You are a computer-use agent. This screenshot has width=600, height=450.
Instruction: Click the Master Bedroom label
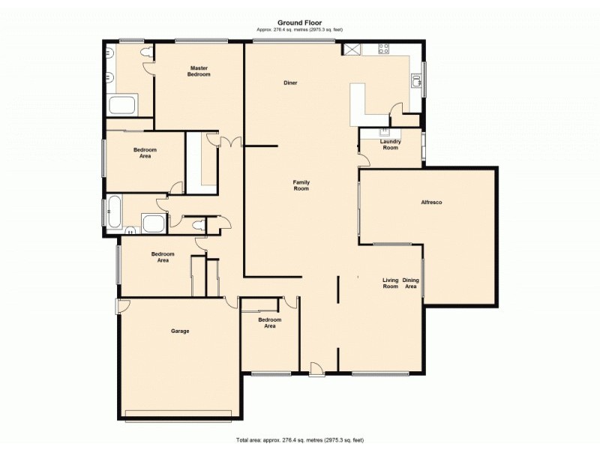click(x=199, y=72)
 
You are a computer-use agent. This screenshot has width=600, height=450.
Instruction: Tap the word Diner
click(x=291, y=82)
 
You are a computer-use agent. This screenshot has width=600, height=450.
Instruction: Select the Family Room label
click(x=301, y=185)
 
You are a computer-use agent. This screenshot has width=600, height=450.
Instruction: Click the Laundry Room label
click(x=390, y=144)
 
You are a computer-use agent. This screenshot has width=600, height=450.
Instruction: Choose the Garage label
click(x=179, y=331)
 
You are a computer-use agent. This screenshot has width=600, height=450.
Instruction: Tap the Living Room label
click(x=390, y=283)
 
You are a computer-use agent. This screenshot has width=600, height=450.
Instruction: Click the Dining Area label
click(x=411, y=283)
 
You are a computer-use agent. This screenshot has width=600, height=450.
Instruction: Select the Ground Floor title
click(x=299, y=22)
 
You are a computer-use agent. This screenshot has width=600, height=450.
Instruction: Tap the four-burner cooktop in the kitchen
click(x=384, y=49)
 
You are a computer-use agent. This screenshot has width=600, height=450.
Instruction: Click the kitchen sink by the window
click(x=415, y=79)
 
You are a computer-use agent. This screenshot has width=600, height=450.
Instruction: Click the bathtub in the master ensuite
click(x=122, y=104)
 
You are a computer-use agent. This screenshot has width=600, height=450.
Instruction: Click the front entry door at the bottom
click(x=317, y=367)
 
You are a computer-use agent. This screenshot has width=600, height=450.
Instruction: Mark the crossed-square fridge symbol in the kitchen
click(x=350, y=49)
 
